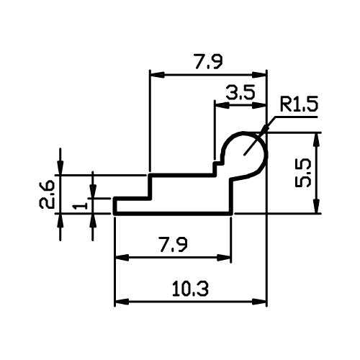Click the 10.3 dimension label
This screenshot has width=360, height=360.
[190, 289]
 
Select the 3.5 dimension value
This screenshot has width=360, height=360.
[240, 93]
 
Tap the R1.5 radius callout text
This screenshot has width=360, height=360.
[299, 104]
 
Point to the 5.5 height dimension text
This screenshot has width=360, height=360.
[303, 173]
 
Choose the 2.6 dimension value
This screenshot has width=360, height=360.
[46, 195]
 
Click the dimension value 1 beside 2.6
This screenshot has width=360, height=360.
[80, 206]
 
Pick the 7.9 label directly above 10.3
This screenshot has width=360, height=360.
[174, 244]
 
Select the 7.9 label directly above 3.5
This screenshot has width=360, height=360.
[209, 62]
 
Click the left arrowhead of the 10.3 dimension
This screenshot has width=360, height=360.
[122, 302]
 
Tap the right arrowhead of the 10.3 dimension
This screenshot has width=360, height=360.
[259, 302]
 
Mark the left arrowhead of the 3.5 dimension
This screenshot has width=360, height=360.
[222, 105]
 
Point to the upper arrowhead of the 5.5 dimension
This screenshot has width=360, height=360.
[317, 140]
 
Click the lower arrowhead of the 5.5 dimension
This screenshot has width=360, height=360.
[317, 206]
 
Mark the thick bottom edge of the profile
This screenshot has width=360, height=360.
[174, 213]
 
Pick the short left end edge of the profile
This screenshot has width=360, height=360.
[115, 206]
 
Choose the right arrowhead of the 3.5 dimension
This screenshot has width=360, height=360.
[259, 105]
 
